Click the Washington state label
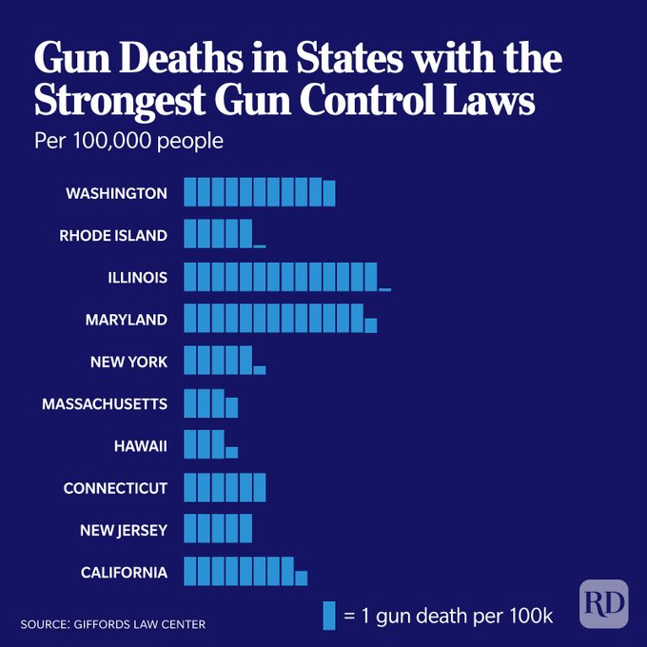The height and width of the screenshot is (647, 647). click(116, 193)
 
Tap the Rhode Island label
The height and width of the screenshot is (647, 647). click(112, 235)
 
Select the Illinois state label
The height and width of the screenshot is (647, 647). click(137, 278)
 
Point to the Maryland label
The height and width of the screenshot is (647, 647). click(126, 320)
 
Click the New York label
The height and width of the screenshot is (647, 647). click(128, 362)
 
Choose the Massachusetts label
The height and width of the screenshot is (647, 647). click(105, 404)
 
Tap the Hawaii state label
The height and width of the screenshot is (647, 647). click(140, 446)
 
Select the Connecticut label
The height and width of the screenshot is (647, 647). click(115, 488)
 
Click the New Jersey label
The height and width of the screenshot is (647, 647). click(124, 530)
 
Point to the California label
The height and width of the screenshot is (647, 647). click(124, 572)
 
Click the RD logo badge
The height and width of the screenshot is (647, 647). click(604, 603)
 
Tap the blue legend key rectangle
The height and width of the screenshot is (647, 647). click(329, 615)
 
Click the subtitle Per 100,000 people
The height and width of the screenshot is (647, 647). click(128, 141)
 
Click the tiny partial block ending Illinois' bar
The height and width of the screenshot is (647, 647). click(384, 288)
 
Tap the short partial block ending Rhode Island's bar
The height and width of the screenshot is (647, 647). click(260, 245)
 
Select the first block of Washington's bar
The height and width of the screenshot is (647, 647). click(189, 192)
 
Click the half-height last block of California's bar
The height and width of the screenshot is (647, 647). click(302, 578)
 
